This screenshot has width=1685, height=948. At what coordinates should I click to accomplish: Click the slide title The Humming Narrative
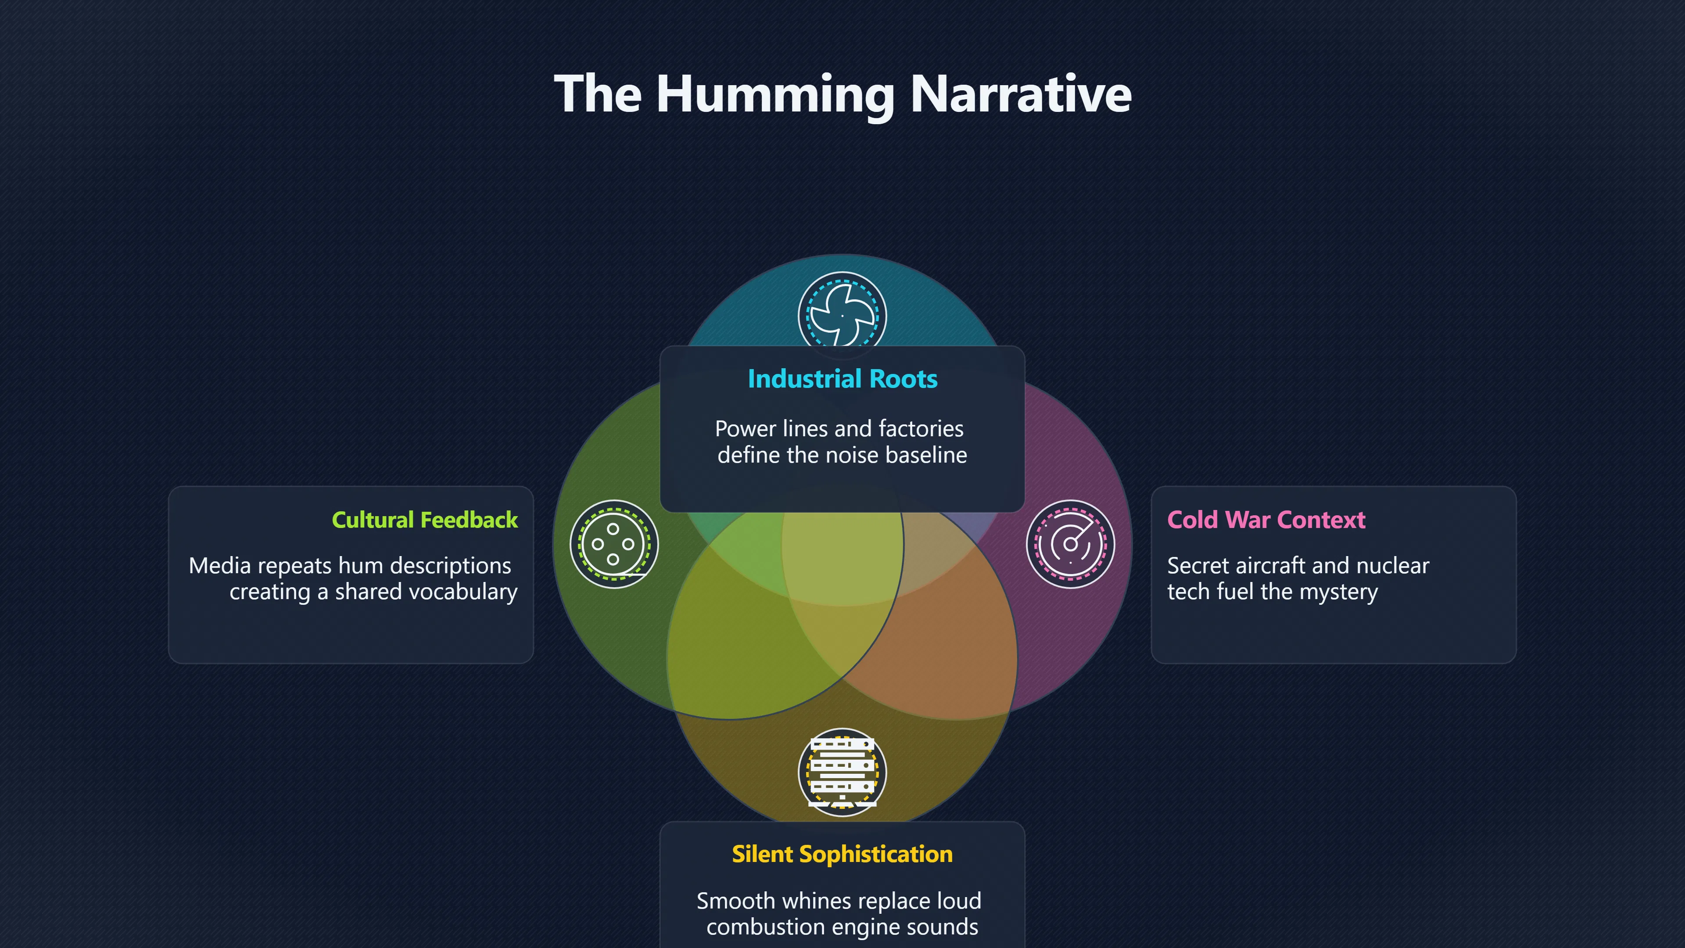842,94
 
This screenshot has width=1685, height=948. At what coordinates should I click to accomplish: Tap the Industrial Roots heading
842,379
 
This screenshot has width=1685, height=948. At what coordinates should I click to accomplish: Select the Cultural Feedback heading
424,520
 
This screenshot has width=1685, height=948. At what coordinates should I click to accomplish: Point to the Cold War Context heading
1266,520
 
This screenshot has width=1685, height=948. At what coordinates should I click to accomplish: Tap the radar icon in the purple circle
1070,544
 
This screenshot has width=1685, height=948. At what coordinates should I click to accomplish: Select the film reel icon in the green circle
613,544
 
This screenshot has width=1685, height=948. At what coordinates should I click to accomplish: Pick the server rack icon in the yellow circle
842,772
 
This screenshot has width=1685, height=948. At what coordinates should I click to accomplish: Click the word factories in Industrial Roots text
921,428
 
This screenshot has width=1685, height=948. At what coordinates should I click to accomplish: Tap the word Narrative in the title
1020,94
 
